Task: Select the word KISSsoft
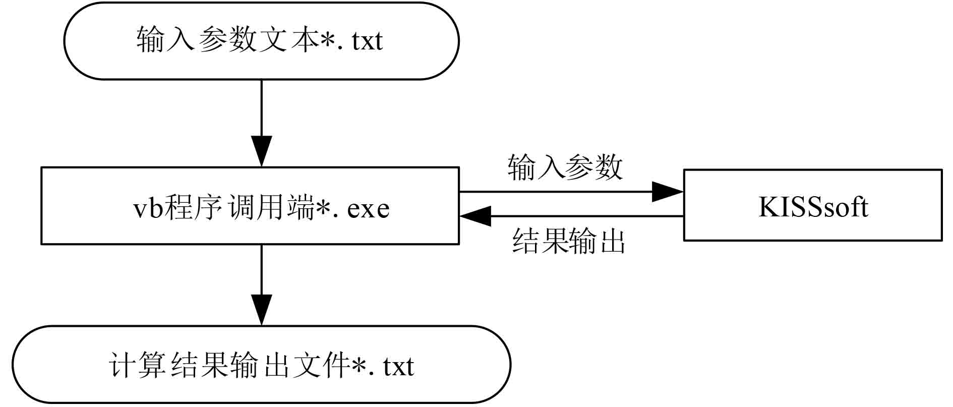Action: (813, 207)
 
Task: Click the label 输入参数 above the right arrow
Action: (565, 167)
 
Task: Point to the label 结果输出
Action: (568, 241)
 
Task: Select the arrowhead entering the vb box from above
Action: (261, 150)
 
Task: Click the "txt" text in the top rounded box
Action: (368, 41)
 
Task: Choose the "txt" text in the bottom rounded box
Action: (398, 366)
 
